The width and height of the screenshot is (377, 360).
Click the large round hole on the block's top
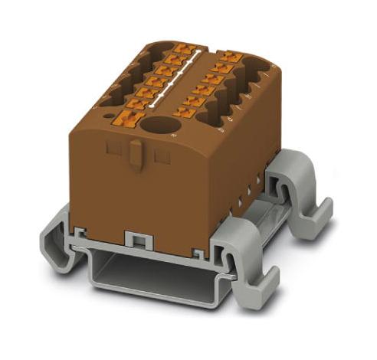[159, 127]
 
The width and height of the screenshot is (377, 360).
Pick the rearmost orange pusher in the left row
[181, 48]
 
